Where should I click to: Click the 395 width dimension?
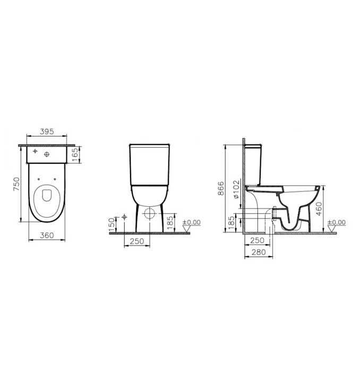coord(47,131)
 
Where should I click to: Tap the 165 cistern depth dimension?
coord(75,155)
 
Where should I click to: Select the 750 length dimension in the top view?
coord(16,184)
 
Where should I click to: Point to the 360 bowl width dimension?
coord(47,235)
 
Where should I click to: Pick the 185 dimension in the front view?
coord(170,223)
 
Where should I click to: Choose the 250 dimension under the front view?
coord(137,241)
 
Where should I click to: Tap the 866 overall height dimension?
coord(221,188)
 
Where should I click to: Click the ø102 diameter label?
coord(236,189)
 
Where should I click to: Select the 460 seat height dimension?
coord(319,208)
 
